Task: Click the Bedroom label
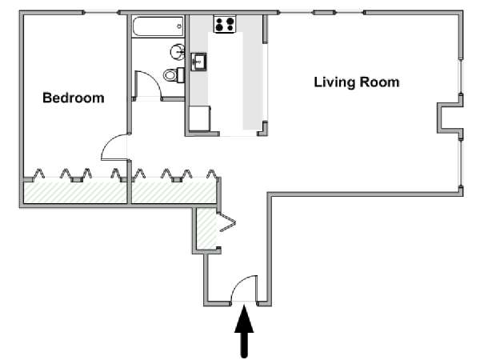point(74,98)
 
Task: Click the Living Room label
point(357,82)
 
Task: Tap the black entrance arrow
point(244,331)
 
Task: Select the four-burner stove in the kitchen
point(225,24)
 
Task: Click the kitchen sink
point(198,62)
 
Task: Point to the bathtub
point(158,26)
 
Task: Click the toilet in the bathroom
point(174,75)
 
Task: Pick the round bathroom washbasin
point(178,52)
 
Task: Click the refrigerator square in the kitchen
point(199,118)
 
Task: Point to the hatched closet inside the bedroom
point(75,192)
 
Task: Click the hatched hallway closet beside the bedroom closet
point(174,192)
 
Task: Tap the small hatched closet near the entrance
point(206,228)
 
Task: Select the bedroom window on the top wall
point(102,13)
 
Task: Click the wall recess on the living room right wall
point(450,118)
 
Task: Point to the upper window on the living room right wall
point(461,77)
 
